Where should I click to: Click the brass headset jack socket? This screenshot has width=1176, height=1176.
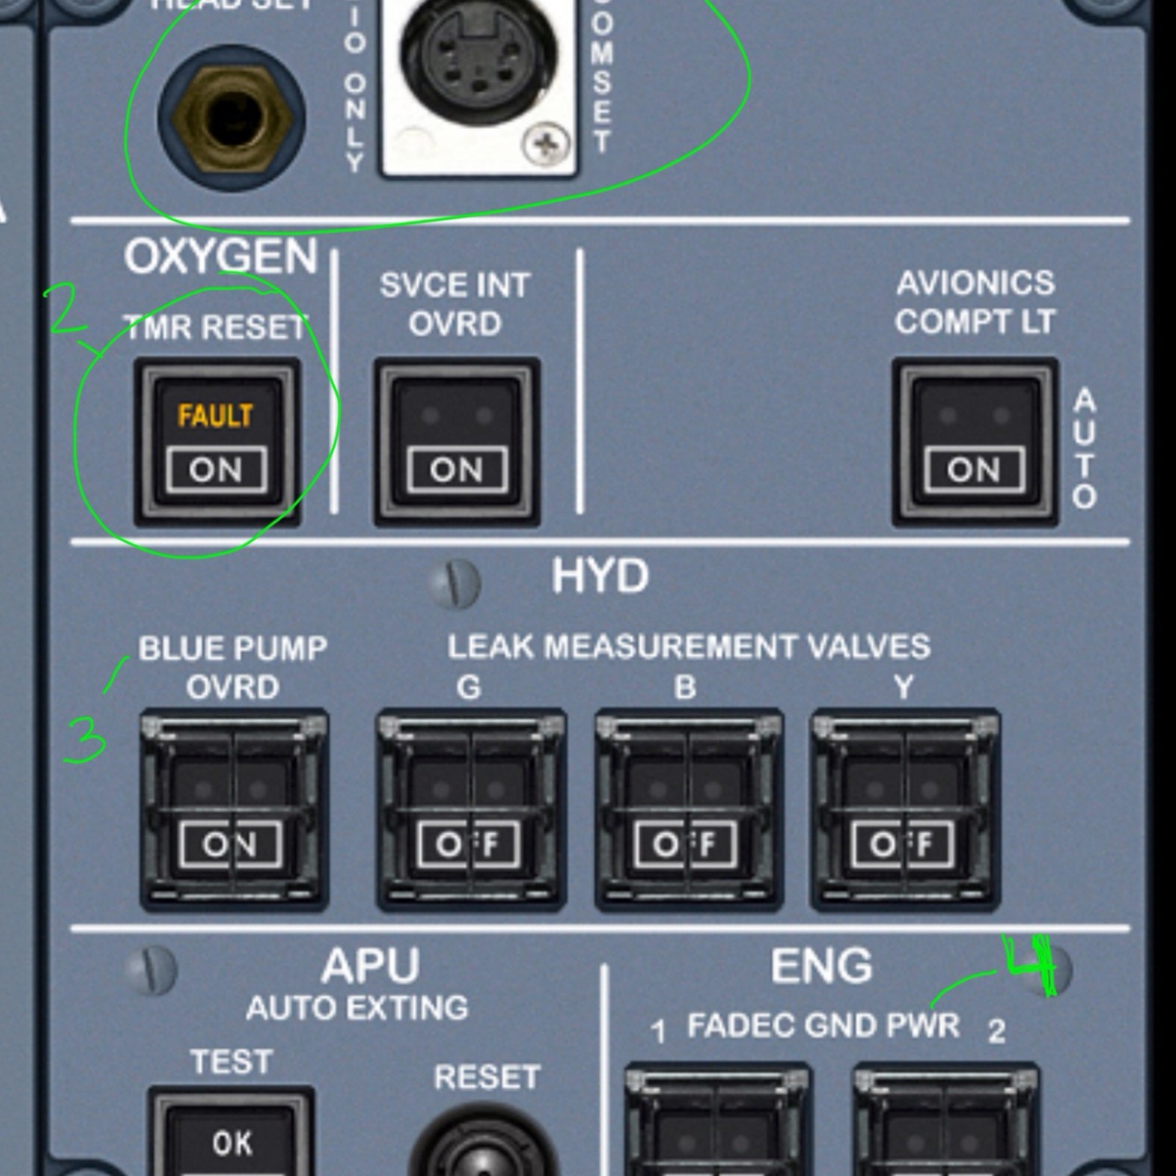232,117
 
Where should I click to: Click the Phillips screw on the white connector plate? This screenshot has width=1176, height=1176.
546,144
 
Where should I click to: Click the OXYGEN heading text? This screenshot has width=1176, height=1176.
220,257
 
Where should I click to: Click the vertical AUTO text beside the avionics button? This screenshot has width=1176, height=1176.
1084,448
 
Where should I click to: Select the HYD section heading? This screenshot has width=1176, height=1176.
600,577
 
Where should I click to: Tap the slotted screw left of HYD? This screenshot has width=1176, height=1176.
454,583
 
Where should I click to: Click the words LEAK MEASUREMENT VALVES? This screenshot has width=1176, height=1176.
688,647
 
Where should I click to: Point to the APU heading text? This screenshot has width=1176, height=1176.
370,966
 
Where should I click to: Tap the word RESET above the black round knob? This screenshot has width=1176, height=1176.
487,1077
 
